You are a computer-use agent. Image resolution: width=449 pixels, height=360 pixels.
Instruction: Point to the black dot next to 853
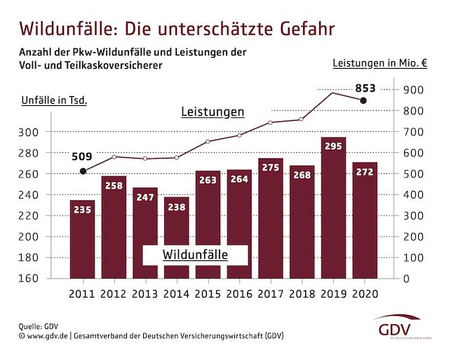pyautogui.click(x=363, y=101)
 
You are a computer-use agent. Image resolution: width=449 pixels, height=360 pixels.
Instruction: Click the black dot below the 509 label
pyautogui.click(x=83, y=171)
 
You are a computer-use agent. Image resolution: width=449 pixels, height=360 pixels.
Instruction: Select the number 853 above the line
pyautogui.click(x=366, y=88)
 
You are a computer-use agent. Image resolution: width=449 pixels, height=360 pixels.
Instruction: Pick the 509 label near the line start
pyautogui.click(x=83, y=156)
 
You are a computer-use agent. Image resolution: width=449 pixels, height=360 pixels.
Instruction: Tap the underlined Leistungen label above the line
pyautogui.click(x=212, y=112)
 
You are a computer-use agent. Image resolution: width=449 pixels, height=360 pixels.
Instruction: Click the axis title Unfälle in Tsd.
pyautogui.click(x=53, y=100)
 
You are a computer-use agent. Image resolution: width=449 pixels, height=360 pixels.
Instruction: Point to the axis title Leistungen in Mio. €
pyautogui.click(x=380, y=63)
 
